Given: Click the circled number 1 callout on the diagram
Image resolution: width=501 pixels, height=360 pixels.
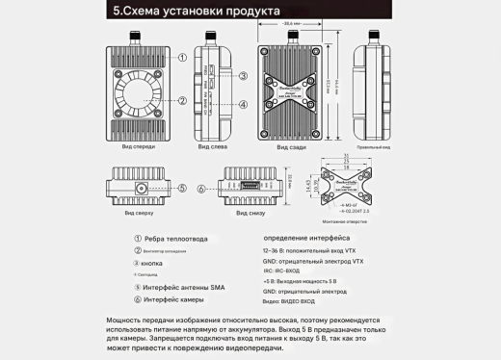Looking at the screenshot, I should (180, 57).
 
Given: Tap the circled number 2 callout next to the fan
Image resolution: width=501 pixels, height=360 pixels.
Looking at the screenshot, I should (180, 99).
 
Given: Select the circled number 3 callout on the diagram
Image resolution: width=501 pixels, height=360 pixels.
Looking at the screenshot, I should (245, 76).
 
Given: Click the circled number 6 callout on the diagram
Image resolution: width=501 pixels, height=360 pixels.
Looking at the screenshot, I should (201, 190).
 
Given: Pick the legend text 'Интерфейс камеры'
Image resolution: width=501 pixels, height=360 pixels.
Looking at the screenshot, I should (177, 299).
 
